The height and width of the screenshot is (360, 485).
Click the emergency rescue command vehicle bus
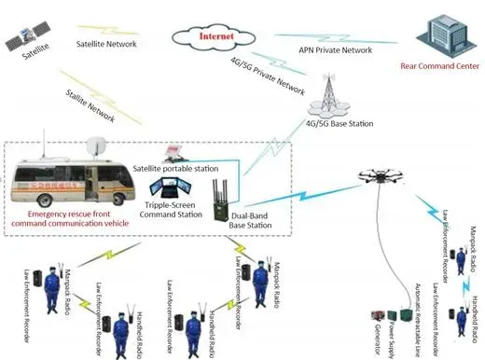click(x=65, y=182)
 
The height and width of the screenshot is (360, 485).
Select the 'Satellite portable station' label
click(x=175, y=168)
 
